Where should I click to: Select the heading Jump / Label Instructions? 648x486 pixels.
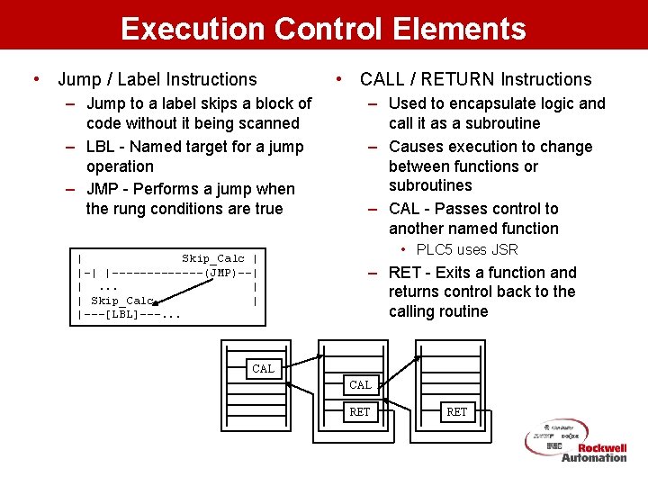(x=157, y=80)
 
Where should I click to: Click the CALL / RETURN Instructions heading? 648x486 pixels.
(x=475, y=80)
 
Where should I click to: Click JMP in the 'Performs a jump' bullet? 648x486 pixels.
(x=104, y=189)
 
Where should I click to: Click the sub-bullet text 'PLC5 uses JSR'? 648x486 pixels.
(x=467, y=249)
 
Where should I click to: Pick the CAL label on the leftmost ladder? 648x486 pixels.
(x=263, y=368)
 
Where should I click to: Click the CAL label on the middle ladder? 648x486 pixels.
(x=360, y=385)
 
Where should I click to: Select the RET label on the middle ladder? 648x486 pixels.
(x=360, y=412)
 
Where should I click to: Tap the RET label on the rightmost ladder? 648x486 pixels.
(x=457, y=412)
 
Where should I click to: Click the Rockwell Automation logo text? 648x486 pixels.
(x=594, y=453)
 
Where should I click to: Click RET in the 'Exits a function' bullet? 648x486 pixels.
(x=405, y=273)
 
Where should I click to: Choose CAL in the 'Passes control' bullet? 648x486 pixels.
(x=405, y=209)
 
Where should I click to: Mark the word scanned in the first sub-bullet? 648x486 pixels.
(x=268, y=123)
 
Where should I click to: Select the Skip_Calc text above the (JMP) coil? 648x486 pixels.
(x=212, y=258)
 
